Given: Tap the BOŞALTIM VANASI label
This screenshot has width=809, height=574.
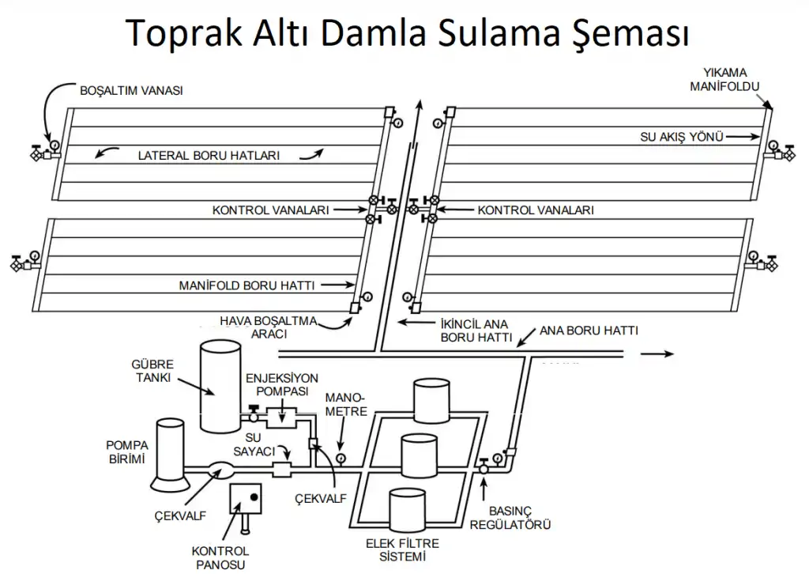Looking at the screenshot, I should pos(131,90).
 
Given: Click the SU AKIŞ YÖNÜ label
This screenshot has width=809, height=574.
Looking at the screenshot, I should pos(682,137).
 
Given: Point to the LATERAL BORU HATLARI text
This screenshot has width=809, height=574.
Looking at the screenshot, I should pos(209,156).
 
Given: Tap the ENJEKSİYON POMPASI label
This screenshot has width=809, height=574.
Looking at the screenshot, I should pos(281,384).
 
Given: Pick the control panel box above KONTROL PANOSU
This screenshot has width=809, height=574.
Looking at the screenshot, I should pos(246,498).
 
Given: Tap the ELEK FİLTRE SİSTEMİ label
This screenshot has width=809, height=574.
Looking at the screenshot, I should pos(402,549).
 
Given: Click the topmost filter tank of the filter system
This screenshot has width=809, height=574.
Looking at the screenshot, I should pos(431,402).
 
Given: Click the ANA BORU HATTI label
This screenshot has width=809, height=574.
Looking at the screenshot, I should pos(588,330).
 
